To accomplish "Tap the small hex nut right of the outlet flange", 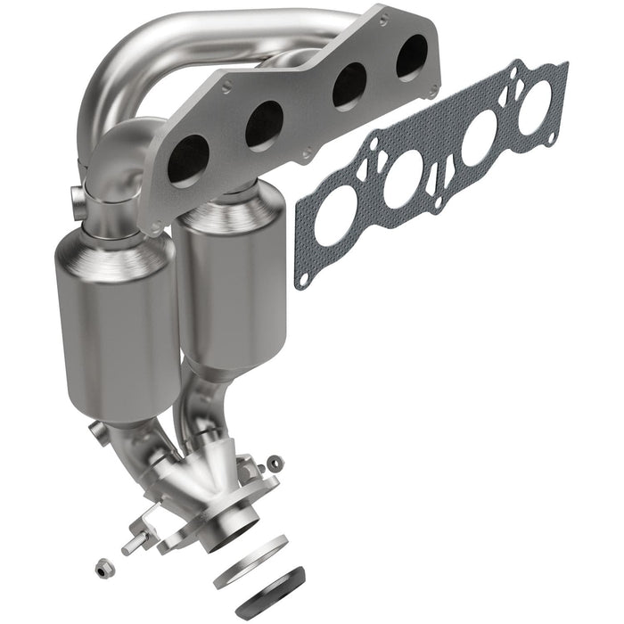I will (276, 462).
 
